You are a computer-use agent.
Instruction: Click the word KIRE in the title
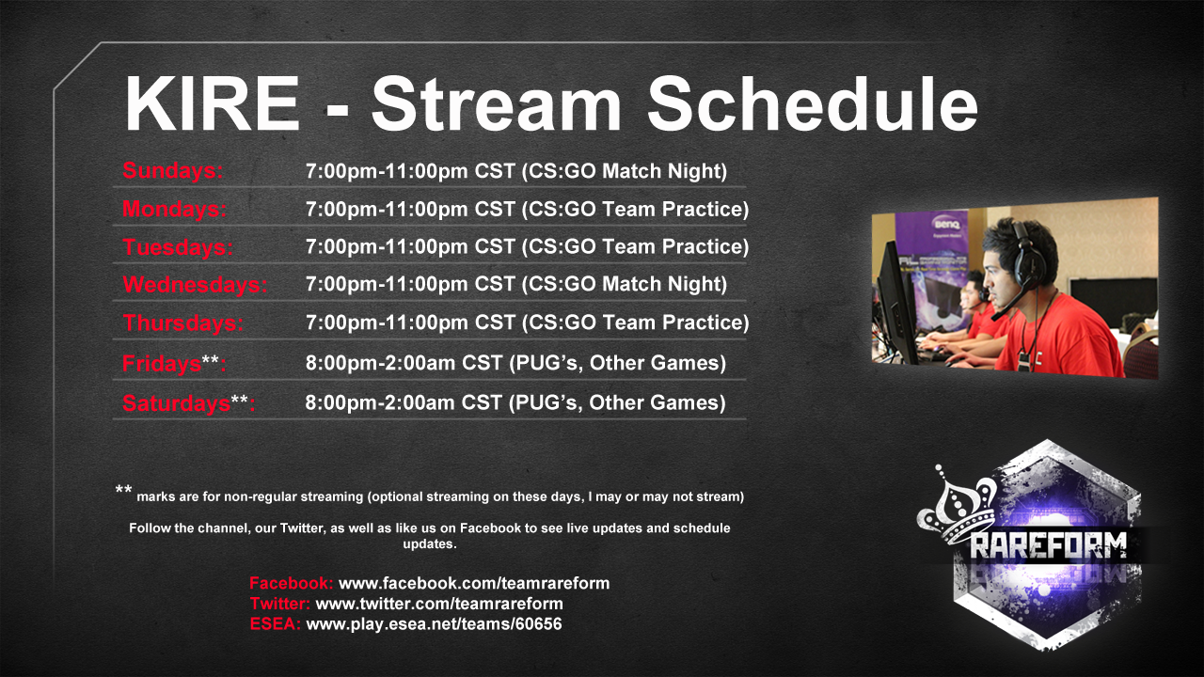point(213,103)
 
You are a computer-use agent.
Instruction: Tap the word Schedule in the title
point(813,103)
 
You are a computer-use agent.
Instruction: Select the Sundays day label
point(172,171)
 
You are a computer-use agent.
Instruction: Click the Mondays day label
point(175,209)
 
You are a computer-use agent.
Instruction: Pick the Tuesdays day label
point(178,247)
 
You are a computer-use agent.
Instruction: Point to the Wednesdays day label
point(195,285)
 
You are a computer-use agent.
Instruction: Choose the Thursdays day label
point(183,323)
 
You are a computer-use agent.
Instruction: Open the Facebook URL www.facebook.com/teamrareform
point(474,584)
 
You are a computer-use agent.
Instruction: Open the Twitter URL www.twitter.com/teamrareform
point(439,604)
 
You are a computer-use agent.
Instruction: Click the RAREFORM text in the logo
point(1048,546)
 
